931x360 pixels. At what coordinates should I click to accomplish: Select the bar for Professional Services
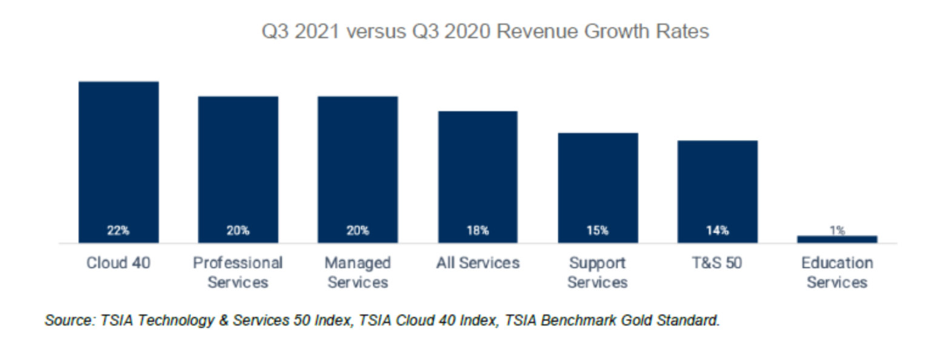click(238, 169)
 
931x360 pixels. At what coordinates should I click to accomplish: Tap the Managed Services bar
click(358, 169)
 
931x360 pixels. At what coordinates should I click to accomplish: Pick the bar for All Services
click(478, 176)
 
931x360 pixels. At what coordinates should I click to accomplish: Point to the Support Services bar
click(598, 187)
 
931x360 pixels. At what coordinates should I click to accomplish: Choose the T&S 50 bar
click(717, 192)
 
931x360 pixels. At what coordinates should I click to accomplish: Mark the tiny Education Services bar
click(837, 239)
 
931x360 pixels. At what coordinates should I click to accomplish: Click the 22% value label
click(119, 231)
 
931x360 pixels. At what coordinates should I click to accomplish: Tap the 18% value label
click(478, 231)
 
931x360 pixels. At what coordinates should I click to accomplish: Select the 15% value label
click(598, 231)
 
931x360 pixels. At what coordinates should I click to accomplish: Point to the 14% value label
click(717, 231)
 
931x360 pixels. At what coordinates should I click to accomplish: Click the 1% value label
click(837, 230)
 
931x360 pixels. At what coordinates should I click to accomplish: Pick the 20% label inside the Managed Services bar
click(358, 231)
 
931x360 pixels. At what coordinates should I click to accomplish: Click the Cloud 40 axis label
click(119, 263)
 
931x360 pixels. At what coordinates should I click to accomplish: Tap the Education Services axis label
click(837, 273)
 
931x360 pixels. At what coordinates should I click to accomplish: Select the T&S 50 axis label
click(717, 263)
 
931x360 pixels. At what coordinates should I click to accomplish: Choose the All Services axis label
click(478, 263)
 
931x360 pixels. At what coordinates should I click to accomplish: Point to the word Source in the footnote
click(67, 321)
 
